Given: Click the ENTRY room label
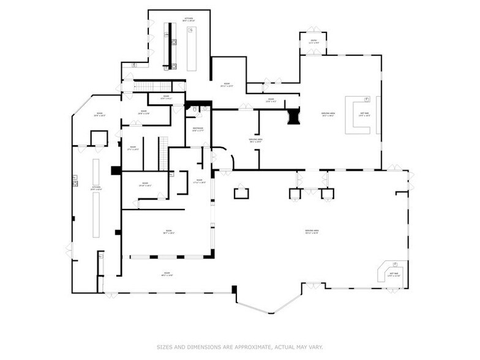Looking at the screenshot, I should [313, 43].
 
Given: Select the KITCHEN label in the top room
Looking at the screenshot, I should [189, 19].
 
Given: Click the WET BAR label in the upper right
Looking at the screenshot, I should [365, 114].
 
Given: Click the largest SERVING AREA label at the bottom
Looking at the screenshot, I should [312, 231].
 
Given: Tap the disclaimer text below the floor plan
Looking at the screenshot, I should [239, 346].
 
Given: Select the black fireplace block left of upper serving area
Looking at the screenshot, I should [294, 116].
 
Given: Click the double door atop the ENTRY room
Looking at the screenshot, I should [313, 30].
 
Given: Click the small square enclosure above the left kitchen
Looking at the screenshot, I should [99, 138].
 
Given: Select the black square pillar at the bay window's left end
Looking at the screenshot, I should [234, 289].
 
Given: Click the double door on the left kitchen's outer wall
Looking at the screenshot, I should [69, 250].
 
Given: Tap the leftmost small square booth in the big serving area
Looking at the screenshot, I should [241, 193].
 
